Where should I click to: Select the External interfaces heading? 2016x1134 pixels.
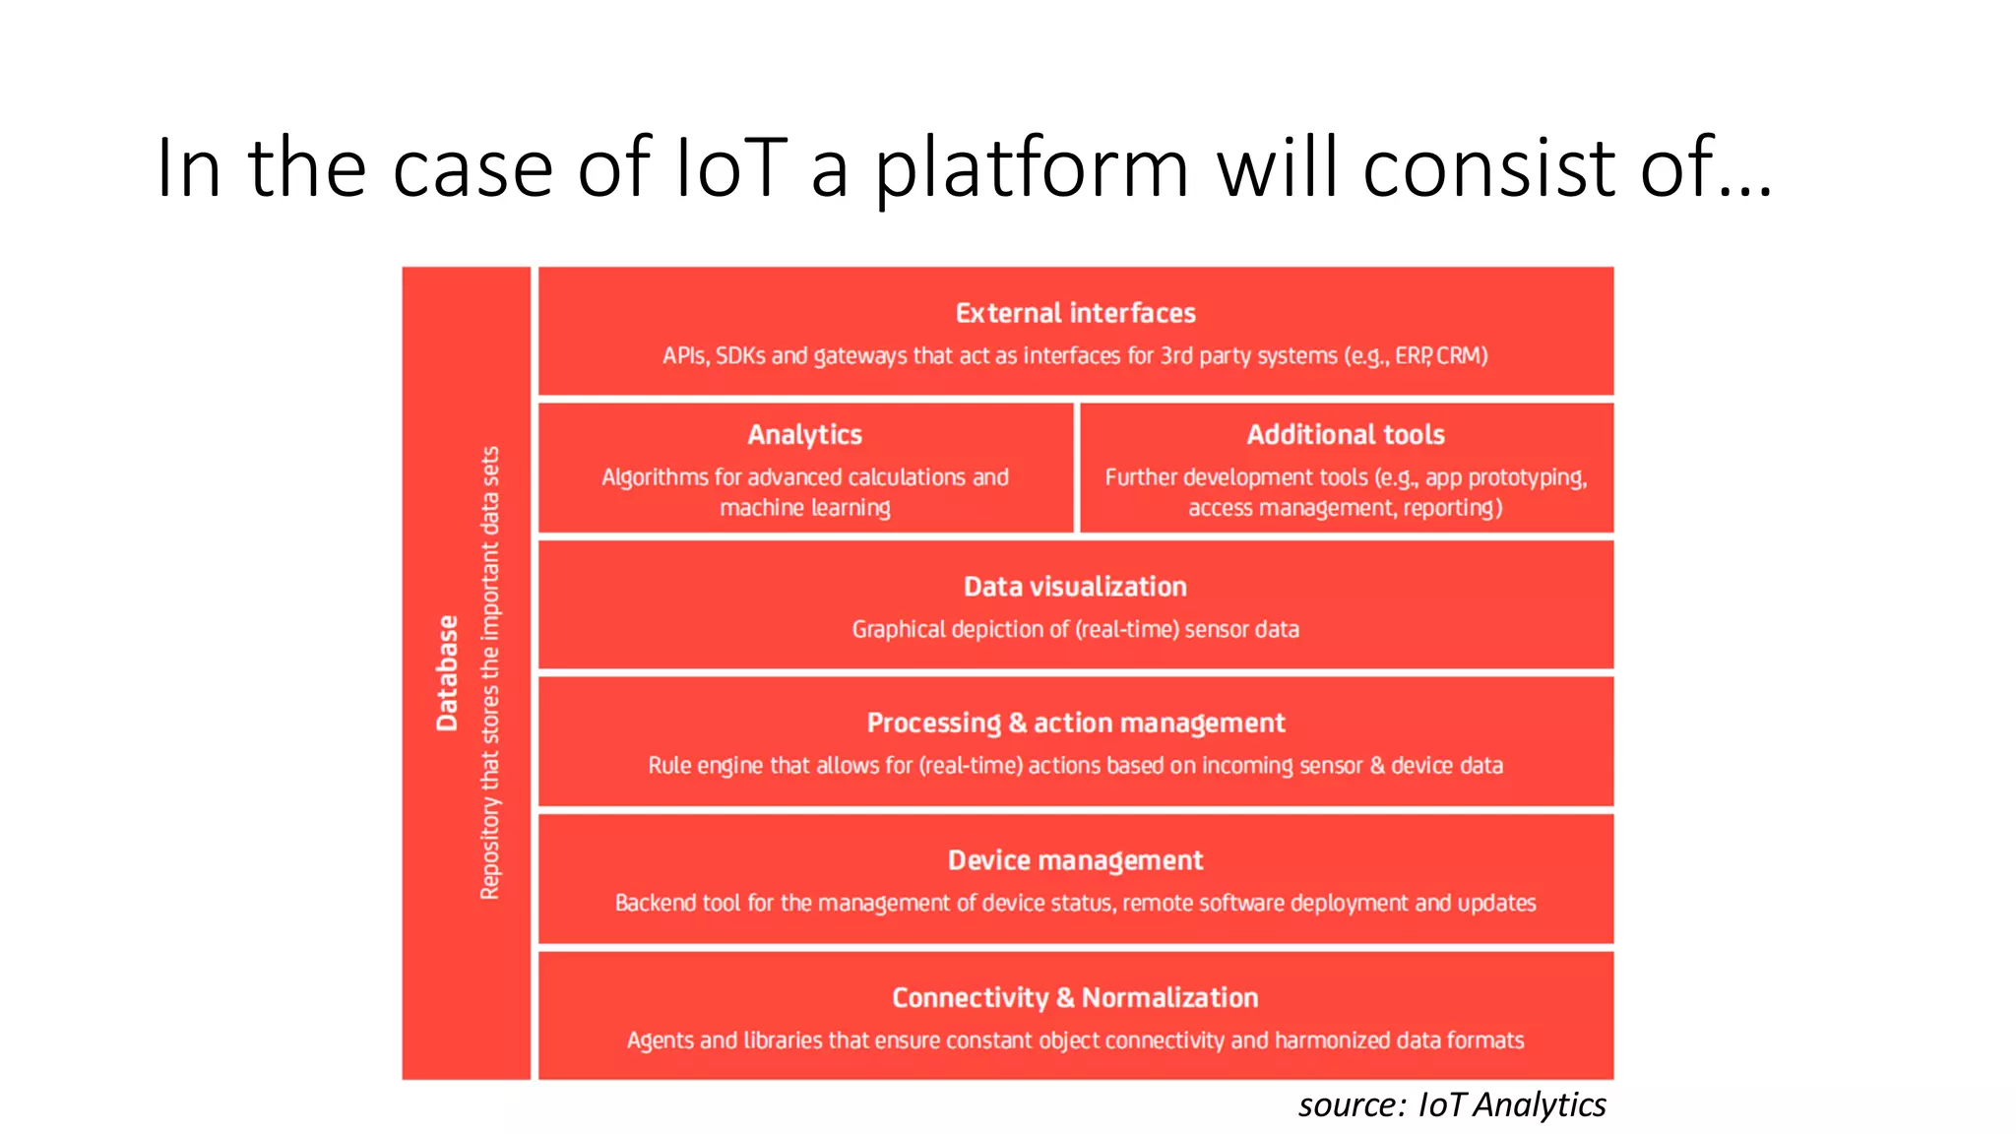tap(1075, 313)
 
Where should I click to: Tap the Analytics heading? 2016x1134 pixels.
tap(804, 434)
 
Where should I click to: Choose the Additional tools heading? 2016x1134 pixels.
tap(1346, 434)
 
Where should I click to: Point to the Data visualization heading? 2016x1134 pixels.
tap(1075, 587)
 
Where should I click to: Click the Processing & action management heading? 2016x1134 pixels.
tap(1075, 723)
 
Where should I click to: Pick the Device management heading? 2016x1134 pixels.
tap(1075, 860)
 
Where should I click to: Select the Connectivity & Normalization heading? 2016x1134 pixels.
tap(1075, 997)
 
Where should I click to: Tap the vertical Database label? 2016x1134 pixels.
tap(448, 673)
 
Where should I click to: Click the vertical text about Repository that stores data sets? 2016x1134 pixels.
tap(490, 673)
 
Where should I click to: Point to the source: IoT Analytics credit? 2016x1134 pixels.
tap(1452, 1104)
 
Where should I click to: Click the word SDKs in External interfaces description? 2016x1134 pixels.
tap(740, 355)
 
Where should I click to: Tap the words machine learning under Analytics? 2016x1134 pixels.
tap(804, 508)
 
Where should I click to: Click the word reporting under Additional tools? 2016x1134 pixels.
tap(1451, 508)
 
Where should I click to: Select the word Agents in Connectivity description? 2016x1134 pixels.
tap(660, 1040)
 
